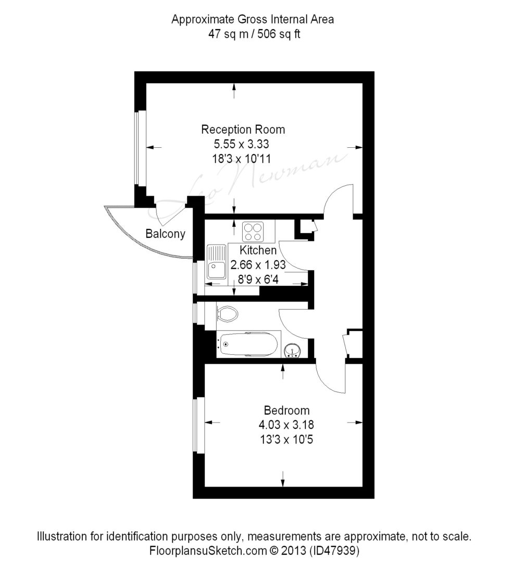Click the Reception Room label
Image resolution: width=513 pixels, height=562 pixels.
click(x=243, y=130)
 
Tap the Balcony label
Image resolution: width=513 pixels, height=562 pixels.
click(x=166, y=234)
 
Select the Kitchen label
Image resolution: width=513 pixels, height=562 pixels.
click(x=258, y=250)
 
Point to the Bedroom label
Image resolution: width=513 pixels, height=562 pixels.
click(x=286, y=410)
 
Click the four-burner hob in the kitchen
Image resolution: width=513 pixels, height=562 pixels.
click(x=253, y=232)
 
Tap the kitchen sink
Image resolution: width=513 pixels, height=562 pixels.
click(x=216, y=262)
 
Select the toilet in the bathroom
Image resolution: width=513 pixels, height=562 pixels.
click(x=228, y=314)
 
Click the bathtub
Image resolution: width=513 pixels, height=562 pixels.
click(x=249, y=344)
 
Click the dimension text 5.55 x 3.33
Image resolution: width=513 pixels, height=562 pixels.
click(x=242, y=144)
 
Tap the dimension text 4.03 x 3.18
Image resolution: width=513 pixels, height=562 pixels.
click(x=286, y=425)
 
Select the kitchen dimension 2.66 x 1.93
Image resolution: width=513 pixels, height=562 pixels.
click(x=258, y=265)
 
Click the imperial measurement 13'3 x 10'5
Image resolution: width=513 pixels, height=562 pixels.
click(x=286, y=439)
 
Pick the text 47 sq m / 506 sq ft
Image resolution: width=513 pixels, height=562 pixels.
click(x=254, y=34)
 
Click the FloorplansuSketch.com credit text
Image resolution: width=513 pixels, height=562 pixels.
click(x=208, y=550)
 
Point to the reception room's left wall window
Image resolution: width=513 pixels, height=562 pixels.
click(x=141, y=148)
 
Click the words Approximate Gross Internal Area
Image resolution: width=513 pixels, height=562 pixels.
click(x=253, y=19)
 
